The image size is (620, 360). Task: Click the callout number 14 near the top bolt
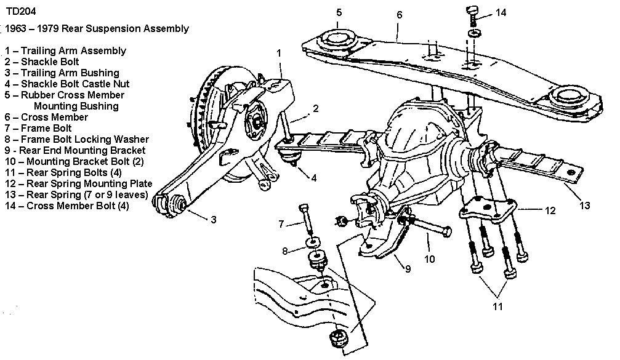coord(501,13)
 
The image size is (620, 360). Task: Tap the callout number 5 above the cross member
coord(339,12)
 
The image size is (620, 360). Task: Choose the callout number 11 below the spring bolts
coord(497,306)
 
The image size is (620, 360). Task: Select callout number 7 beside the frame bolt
coord(282,224)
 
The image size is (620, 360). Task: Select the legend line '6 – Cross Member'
coord(46,117)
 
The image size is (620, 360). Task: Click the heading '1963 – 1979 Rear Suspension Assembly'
coord(95,29)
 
